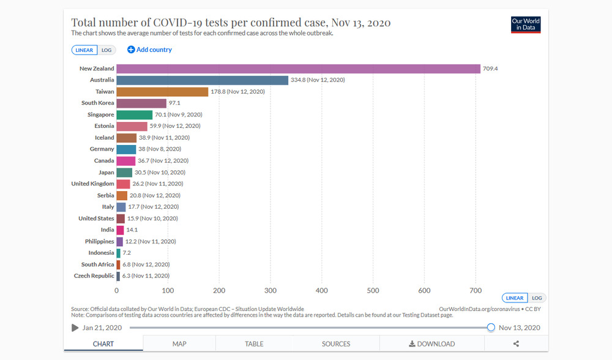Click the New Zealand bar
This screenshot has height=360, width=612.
(x=298, y=69)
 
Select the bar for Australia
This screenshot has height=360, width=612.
(x=202, y=80)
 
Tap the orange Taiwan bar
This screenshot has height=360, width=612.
(x=162, y=92)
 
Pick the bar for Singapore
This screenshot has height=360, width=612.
(x=135, y=114)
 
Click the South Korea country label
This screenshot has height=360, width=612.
(x=97, y=103)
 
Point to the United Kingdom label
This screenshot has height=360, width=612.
(x=92, y=184)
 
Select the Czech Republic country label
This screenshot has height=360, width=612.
(x=94, y=276)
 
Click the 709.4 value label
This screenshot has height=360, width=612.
(x=490, y=69)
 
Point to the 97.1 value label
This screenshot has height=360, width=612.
(x=174, y=103)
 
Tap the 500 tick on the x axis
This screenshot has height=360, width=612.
(x=373, y=291)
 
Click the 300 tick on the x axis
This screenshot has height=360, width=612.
(x=271, y=291)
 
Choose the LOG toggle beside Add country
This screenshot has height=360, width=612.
(x=106, y=50)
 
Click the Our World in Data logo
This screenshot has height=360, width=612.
(x=526, y=24)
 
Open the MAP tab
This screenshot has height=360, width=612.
(x=179, y=343)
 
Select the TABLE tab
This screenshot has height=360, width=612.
(x=254, y=343)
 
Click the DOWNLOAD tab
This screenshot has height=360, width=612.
(x=431, y=343)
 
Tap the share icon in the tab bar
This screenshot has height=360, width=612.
(x=516, y=343)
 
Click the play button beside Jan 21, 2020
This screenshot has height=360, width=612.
(x=75, y=328)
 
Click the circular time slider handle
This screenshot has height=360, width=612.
(x=491, y=328)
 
